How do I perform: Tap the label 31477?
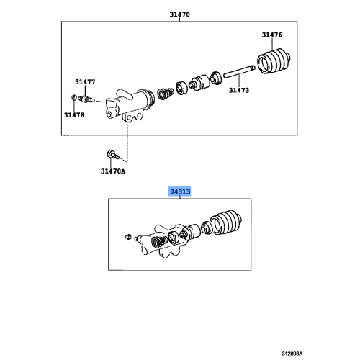pos(84,83)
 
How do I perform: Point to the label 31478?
pos(73,114)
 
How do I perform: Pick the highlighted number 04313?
pos(179,192)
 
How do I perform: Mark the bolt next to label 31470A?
pos(110,154)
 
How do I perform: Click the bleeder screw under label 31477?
pos(88,96)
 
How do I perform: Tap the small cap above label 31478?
pos(73,97)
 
